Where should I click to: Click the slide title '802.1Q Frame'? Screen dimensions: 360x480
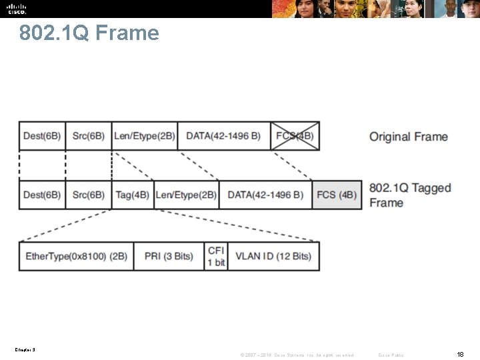click(89, 33)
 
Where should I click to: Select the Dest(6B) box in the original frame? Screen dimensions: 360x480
click(42, 136)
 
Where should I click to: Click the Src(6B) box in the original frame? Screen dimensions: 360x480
click(89, 136)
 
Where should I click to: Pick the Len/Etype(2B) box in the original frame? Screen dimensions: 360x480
click(145, 136)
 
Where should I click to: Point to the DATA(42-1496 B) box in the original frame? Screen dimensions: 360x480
click(224, 136)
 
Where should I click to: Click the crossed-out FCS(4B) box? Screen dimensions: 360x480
click(295, 136)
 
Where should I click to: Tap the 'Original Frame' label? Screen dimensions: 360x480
click(409, 137)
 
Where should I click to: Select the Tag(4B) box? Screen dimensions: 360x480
click(133, 195)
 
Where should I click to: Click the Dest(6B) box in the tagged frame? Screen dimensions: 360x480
click(42, 195)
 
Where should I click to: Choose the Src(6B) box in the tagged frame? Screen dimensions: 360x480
click(89, 195)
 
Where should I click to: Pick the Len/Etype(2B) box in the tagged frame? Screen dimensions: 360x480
click(186, 195)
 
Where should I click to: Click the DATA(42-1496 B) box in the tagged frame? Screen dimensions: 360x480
click(265, 195)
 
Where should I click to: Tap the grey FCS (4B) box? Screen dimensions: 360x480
click(337, 195)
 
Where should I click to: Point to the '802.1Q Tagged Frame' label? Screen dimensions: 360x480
click(409, 195)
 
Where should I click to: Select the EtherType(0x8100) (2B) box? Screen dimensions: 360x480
click(76, 256)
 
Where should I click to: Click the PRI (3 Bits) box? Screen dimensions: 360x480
click(169, 256)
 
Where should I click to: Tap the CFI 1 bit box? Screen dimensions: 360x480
click(216, 256)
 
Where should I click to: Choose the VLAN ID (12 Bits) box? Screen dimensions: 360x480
click(273, 256)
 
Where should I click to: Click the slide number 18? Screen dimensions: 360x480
click(460, 354)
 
